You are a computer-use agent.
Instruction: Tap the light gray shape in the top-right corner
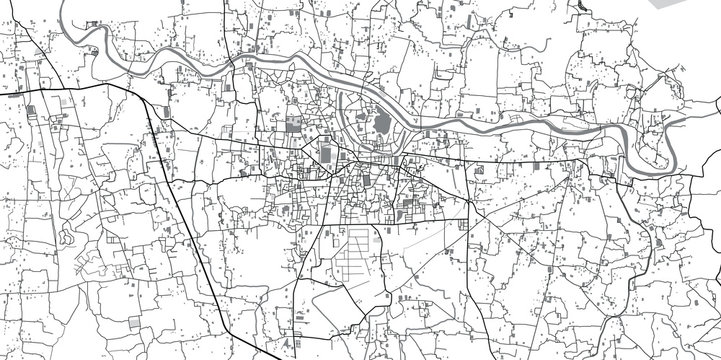pos(700,13)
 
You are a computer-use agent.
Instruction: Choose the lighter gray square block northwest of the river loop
pos(293,126)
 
